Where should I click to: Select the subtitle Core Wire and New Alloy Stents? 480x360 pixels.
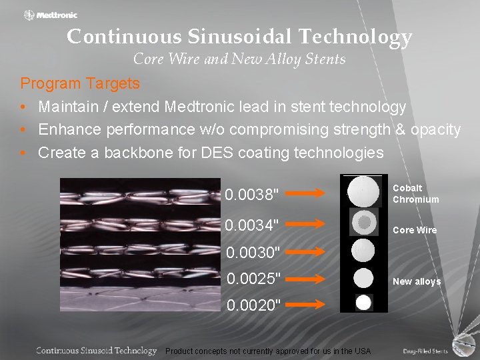pyautogui.click(x=239, y=59)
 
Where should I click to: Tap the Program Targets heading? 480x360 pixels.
pyautogui.click(x=80, y=84)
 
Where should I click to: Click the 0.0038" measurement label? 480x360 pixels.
pyautogui.click(x=251, y=195)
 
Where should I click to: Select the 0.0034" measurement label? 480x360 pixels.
pyautogui.click(x=251, y=225)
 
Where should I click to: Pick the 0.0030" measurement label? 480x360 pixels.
pyautogui.click(x=252, y=253)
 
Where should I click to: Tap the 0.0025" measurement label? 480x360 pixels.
pyautogui.click(x=252, y=277)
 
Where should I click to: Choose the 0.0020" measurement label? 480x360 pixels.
pyautogui.click(x=252, y=305)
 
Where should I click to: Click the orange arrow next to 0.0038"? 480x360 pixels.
pyautogui.click(x=311, y=194)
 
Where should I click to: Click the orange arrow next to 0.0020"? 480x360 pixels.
pyautogui.click(x=311, y=304)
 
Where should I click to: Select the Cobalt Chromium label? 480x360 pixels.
pyautogui.click(x=415, y=194)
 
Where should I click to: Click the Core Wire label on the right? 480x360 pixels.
pyautogui.click(x=415, y=230)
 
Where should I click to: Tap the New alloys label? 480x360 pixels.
pyautogui.click(x=417, y=281)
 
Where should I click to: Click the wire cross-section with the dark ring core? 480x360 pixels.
pyautogui.click(x=363, y=221)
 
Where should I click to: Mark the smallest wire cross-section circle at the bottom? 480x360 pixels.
pyautogui.click(x=363, y=302)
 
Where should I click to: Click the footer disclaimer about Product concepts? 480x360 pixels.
pyautogui.click(x=268, y=351)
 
